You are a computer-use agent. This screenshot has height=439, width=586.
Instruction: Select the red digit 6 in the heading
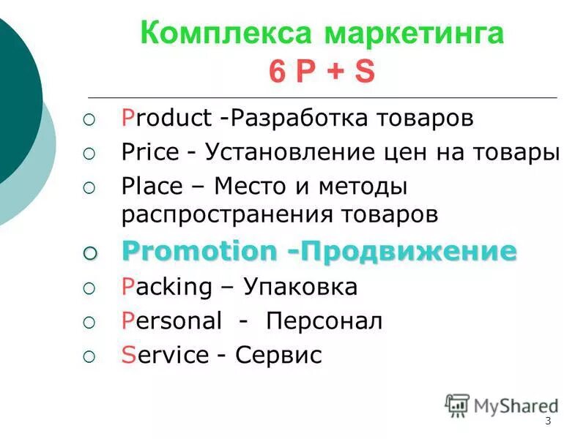[276, 72]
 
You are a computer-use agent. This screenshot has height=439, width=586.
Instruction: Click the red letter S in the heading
[364, 72]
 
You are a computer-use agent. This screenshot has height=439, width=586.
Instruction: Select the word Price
[149, 152]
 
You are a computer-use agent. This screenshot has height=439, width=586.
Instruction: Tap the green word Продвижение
[410, 251]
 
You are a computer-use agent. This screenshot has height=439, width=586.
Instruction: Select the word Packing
[166, 287]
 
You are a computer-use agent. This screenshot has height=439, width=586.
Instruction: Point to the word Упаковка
[300, 287]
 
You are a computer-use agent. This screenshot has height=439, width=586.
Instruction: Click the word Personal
[171, 320]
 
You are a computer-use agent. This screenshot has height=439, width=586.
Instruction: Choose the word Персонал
[324, 320]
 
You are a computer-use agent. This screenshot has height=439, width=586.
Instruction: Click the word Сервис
[278, 355]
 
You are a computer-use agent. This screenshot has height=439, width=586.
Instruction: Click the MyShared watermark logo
[502, 405]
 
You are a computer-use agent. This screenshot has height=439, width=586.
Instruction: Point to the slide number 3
[548, 422]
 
